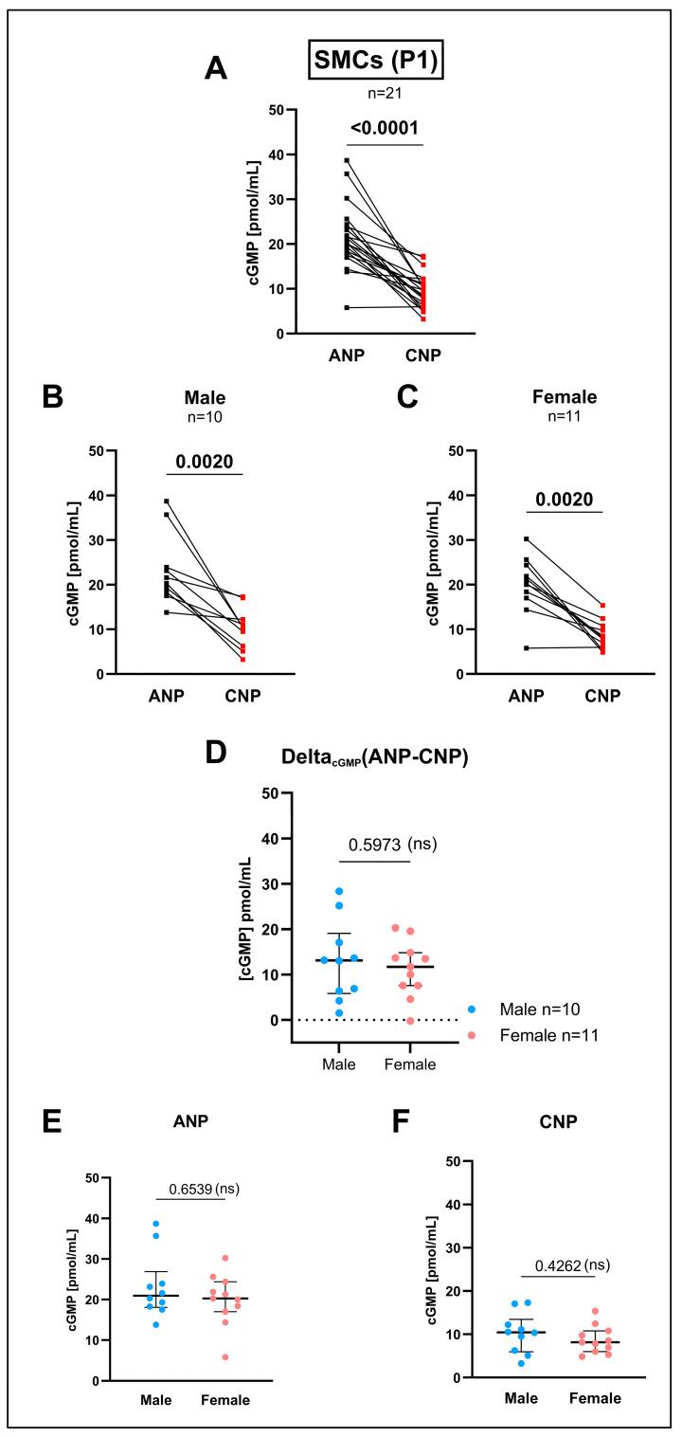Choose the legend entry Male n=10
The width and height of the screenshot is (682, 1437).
tap(533, 1010)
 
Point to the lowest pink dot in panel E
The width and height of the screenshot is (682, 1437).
tap(224, 1357)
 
